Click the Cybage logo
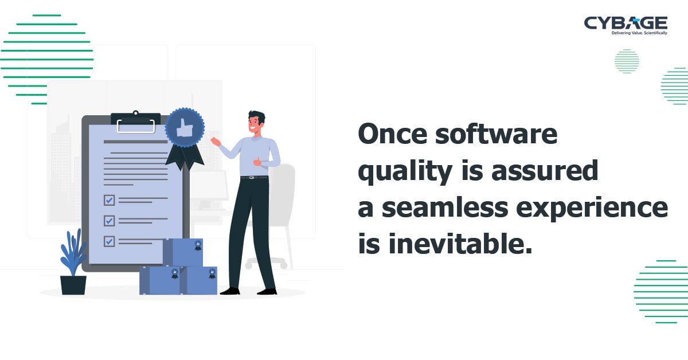point(626,23)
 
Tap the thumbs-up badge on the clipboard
point(185,128)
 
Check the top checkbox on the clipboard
point(109,200)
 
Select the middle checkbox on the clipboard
point(109,221)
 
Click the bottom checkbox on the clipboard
point(109,241)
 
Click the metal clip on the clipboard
point(135,122)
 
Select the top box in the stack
point(183,252)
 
